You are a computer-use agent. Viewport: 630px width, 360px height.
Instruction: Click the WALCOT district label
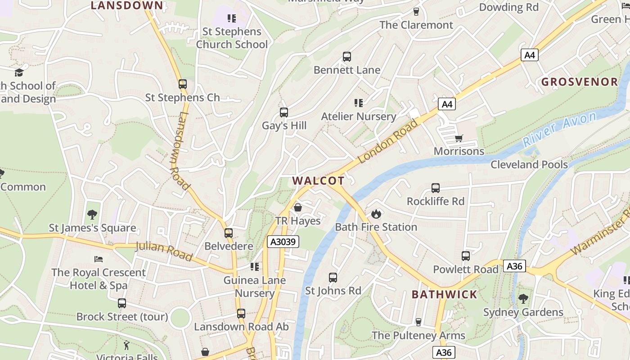pos(318,181)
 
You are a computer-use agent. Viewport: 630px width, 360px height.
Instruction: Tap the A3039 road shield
pos(283,242)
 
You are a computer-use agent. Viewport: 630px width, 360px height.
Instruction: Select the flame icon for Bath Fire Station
pos(376,214)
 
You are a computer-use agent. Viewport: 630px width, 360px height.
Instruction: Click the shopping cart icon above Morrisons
pos(459,138)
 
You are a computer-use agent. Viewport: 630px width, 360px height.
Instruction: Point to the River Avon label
pos(559,129)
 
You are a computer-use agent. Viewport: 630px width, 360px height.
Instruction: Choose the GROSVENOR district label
pos(580,82)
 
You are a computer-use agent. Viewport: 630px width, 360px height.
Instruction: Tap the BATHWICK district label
pos(444,295)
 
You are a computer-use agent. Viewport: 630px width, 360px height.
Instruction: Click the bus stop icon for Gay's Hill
pos(284,112)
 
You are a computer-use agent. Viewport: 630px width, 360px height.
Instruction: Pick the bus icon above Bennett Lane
pos(346,57)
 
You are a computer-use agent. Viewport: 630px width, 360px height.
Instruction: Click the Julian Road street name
pos(164,251)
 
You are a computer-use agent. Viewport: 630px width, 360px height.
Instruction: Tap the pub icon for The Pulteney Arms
pos(418,322)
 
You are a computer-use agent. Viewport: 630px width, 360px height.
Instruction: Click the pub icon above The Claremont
pos(416,12)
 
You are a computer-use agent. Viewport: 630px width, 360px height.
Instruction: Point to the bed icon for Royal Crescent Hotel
pos(99,259)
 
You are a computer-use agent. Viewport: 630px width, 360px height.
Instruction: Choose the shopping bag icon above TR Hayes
pos(297,207)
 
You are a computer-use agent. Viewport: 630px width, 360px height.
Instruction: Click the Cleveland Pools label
pos(529,165)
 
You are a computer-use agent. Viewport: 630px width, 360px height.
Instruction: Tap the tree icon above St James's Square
pos(92,214)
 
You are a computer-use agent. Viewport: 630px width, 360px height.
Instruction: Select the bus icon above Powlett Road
pos(466,256)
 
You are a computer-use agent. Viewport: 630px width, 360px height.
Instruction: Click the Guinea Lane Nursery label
pos(255,287)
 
